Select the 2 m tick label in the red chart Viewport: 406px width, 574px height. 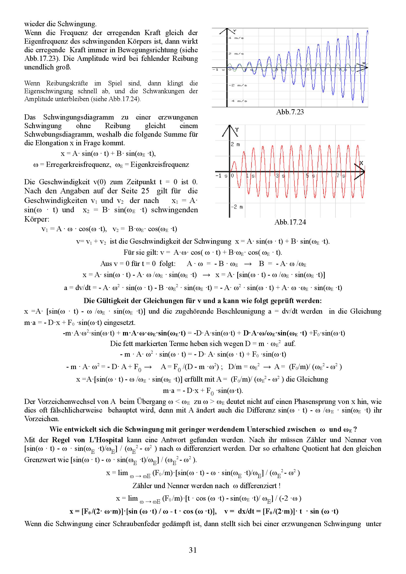point(235,144)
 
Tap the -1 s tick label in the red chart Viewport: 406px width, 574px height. point(221,176)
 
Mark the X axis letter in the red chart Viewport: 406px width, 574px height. point(361,163)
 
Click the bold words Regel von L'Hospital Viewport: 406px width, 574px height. point(87,440)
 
